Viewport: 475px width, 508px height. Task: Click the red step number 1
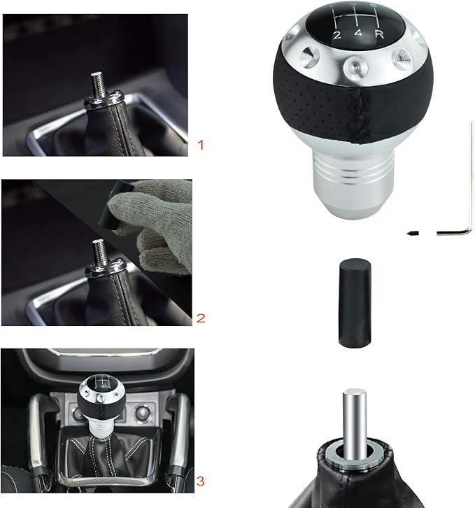point(201,146)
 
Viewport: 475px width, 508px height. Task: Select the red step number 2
point(201,318)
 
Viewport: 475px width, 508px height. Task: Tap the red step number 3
point(201,481)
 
